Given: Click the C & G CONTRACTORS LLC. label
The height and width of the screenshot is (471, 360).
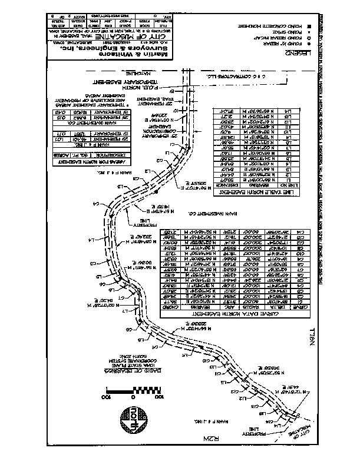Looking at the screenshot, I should tap(236, 76).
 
